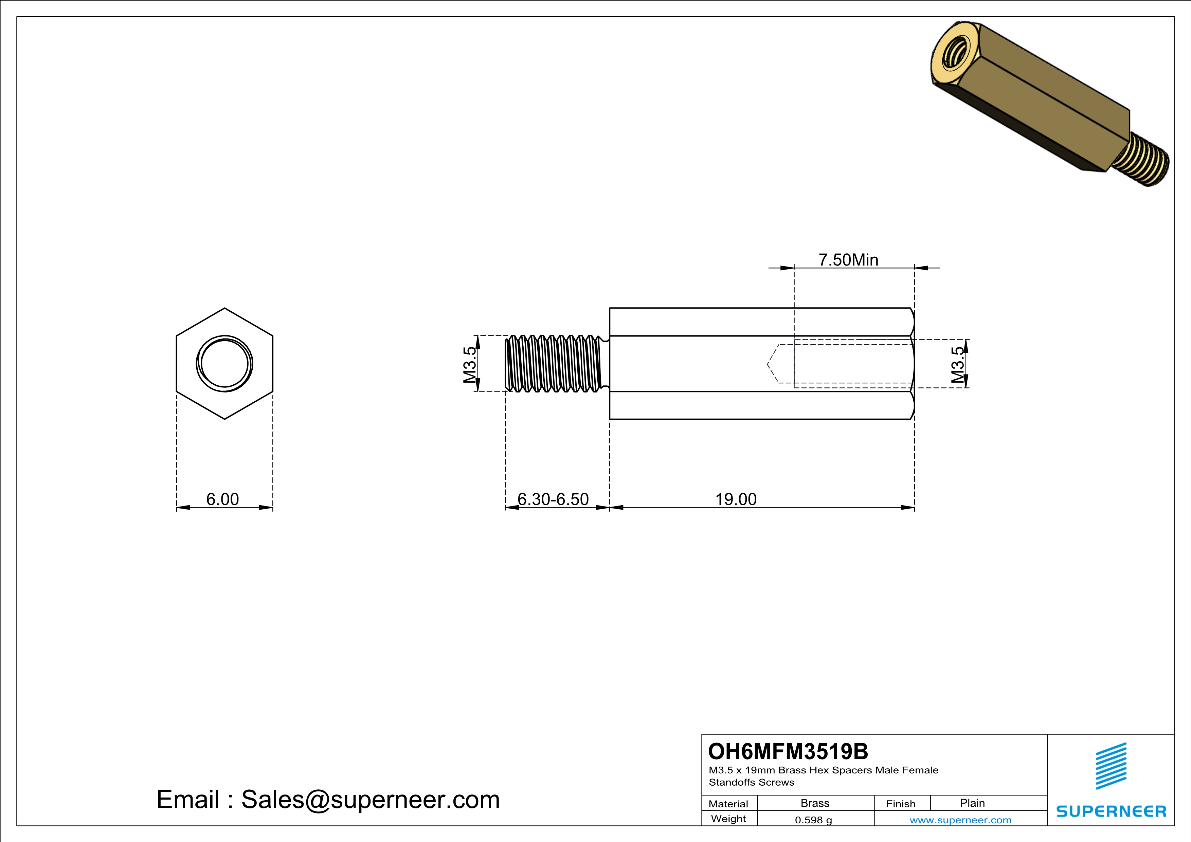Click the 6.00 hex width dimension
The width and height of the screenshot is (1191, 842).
tap(222, 499)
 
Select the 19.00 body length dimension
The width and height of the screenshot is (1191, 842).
tap(736, 499)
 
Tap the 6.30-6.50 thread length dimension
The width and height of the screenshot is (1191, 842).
tap(553, 499)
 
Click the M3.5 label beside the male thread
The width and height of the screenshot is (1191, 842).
tap(469, 365)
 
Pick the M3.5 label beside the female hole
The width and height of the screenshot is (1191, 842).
tap(958, 365)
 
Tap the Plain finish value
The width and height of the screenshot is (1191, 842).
tap(972, 803)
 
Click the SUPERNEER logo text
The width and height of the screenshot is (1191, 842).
tap(1111, 811)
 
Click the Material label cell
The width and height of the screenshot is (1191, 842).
tap(728, 804)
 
